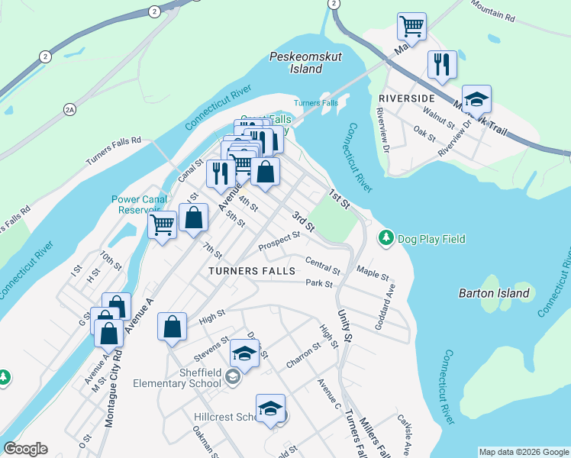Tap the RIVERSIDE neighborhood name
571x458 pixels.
click(406, 99)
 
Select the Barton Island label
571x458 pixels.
click(494, 293)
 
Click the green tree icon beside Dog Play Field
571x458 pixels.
click(387, 239)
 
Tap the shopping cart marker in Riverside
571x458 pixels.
click(411, 27)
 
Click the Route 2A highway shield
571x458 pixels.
click(70, 111)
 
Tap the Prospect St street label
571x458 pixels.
click(278, 242)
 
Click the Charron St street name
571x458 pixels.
click(304, 353)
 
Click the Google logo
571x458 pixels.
click(25, 449)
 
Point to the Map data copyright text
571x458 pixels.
click(524, 452)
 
